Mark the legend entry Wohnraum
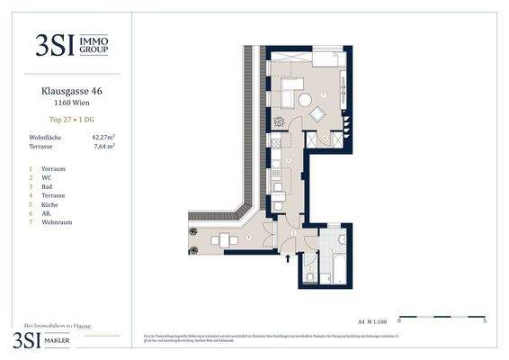[x=57, y=222]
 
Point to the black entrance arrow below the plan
[x=288, y=258]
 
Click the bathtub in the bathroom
[x=339, y=267]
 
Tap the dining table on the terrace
[x=222, y=239]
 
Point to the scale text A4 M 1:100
[x=371, y=319]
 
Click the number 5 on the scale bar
[x=485, y=319]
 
